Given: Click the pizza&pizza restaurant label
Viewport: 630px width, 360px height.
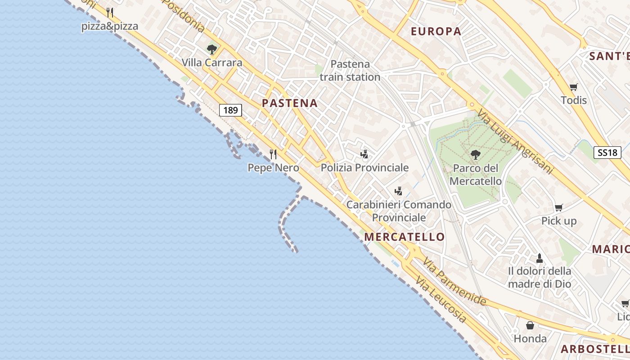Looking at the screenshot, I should pos(109,26).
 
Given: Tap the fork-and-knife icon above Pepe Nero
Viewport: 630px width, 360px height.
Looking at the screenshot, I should pos(273,154).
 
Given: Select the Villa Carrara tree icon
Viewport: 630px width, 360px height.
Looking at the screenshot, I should pos(212,49).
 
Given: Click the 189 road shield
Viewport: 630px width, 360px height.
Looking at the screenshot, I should pos(231,110).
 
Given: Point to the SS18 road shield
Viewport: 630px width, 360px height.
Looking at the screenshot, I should pos(607,153).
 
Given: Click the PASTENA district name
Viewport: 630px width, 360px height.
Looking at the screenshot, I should pos(290,103).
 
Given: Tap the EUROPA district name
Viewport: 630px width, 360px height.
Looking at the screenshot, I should pos(436,31).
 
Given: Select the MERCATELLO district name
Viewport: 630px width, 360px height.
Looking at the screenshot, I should pos(404,237).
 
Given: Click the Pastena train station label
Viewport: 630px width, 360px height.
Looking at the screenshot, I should pos(350,71).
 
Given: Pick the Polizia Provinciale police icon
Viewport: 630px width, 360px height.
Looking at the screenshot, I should pos(364,154).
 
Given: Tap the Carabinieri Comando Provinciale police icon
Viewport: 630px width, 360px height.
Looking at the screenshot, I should pos(398,191).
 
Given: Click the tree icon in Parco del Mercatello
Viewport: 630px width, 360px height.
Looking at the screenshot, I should pos(475,155).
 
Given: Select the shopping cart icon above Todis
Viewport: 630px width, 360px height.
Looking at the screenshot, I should pos(573,87).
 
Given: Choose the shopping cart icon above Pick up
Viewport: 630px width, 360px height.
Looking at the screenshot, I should pos(558,207).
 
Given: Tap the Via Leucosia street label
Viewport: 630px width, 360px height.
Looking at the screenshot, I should pos(441,300).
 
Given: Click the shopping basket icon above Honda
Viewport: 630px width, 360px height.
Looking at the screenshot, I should pos(530,325).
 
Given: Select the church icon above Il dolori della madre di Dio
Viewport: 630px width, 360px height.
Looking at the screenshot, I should pos(539,258).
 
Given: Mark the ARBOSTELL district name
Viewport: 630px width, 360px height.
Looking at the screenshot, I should pos(594,349).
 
